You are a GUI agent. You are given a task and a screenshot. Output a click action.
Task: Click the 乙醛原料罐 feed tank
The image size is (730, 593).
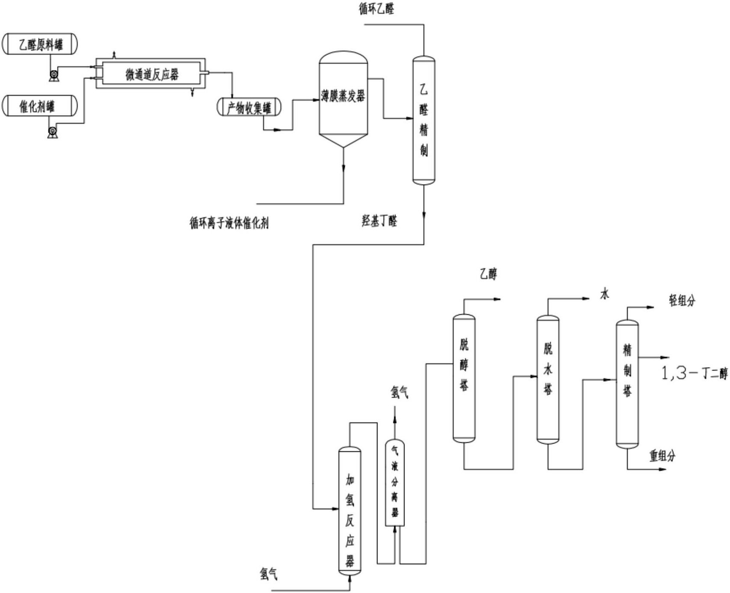coord(40,44)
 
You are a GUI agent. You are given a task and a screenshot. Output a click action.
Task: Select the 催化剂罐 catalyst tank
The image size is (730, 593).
coord(40,106)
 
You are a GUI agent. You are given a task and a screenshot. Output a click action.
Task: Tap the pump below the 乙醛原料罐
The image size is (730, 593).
coord(54,76)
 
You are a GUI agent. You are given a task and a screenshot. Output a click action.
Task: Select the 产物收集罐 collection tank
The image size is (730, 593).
coord(249,107)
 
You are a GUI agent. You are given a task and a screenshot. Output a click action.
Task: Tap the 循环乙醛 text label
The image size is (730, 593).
coord(376,9)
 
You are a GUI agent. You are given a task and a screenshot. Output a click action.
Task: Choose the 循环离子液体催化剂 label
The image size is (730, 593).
coord(229,223)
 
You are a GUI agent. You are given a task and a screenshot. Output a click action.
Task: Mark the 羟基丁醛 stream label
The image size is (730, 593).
coord(379,221)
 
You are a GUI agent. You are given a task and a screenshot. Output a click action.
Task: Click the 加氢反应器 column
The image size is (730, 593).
coord(350,511)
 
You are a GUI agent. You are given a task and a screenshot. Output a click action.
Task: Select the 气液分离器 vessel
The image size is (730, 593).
coord(395,483)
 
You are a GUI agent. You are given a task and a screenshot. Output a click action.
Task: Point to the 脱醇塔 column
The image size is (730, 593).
coord(464,378)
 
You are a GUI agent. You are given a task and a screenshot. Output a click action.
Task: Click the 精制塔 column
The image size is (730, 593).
coord(627,382)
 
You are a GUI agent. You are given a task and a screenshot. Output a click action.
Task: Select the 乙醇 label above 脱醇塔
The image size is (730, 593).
coord(488,274)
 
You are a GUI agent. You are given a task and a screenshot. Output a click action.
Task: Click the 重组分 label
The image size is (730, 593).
coord(662,456)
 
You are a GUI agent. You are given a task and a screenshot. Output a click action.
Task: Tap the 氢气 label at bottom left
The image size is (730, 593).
coord(268,574)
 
